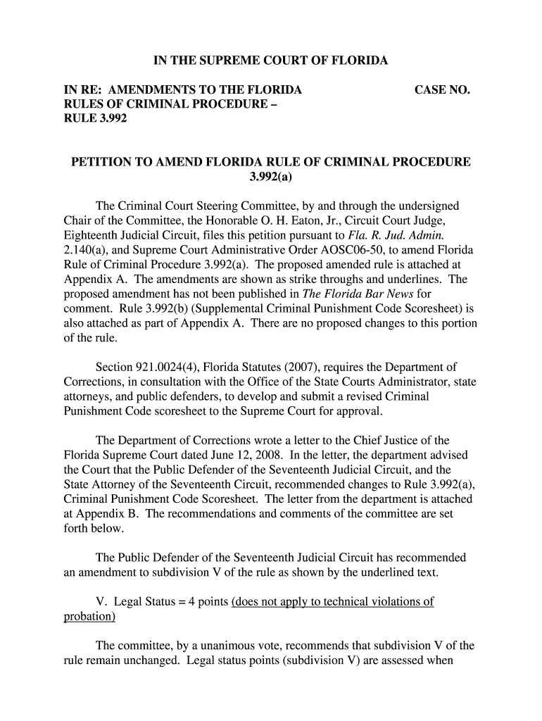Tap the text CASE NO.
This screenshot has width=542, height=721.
[442, 90]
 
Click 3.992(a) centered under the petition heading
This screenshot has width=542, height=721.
[271, 176]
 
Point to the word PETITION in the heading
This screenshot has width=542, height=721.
[101, 162]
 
